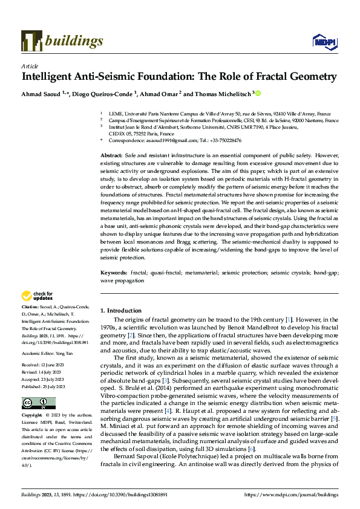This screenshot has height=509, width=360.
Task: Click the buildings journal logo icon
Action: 31,41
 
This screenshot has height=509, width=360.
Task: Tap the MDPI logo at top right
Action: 325,41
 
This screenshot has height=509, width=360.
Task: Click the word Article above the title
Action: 29,65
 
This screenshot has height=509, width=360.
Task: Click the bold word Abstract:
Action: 113,156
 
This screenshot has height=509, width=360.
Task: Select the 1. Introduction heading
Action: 120,310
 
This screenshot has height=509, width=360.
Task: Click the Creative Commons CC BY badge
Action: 38,403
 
